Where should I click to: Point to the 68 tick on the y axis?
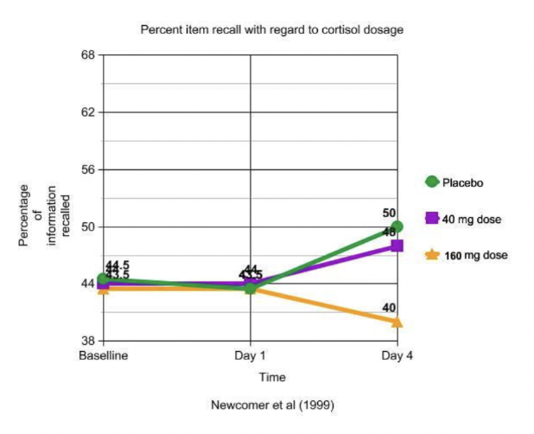(x=87, y=55)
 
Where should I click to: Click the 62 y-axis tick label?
(x=87, y=112)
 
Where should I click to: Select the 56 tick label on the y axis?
(x=87, y=169)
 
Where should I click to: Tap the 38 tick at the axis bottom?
(x=87, y=341)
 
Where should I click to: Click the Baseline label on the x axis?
(x=105, y=356)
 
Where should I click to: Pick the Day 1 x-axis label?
(x=251, y=356)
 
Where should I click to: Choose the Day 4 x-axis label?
(x=397, y=356)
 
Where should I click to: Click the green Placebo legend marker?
(x=432, y=182)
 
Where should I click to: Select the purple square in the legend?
(x=432, y=218)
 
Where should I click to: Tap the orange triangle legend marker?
(x=432, y=254)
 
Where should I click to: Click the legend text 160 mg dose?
(x=474, y=255)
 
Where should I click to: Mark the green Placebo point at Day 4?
(x=397, y=227)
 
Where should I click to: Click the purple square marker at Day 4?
(x=397, y=246)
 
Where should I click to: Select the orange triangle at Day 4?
(x=397, y=322)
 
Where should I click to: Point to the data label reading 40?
(x=389, y=308)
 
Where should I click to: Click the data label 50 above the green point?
(x=389, y=213)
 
